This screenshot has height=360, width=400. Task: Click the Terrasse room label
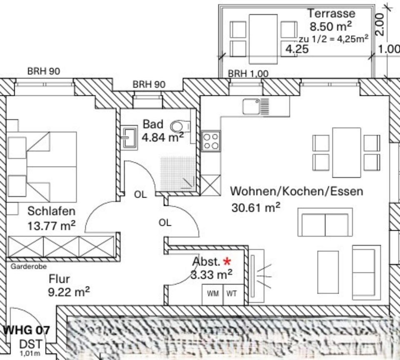point(331,13)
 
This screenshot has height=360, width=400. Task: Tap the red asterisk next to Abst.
point(227,262)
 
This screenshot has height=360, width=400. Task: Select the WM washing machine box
point(213,294)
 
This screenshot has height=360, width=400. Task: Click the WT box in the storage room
point(232,294)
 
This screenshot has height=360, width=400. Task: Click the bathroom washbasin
point(130,137)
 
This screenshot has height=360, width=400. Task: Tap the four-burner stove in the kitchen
point(210,141)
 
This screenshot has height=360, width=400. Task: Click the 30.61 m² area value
point(255,207)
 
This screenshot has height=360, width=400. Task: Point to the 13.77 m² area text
point(51,226)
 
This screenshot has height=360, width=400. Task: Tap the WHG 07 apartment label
point(27,330)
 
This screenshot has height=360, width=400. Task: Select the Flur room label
point(59,278)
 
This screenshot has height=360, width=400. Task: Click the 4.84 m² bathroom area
point(162,137)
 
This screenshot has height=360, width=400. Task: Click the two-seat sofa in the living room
point(325,222)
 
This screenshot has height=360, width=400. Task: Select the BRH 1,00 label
point(248,74)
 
